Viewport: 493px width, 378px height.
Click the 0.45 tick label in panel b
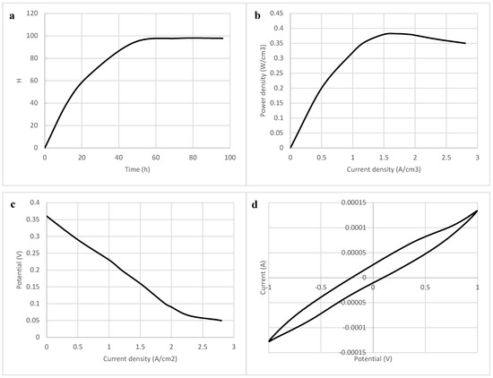pos(279,13)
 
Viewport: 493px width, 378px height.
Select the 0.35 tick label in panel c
pos(33,216)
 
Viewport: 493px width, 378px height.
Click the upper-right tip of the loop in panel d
pos(477,210)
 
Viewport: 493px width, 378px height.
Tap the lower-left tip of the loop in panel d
pos(268,341)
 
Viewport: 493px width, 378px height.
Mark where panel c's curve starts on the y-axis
pos(46,216)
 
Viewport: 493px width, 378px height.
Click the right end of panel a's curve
pos(223,39)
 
